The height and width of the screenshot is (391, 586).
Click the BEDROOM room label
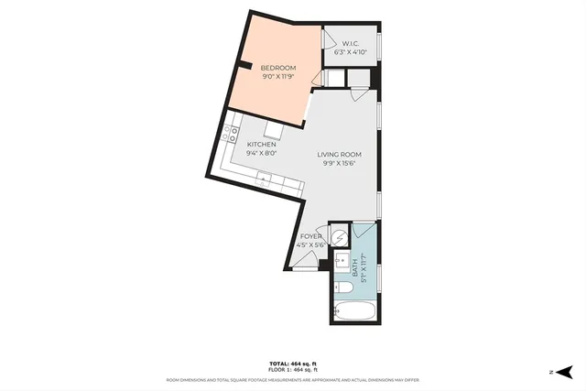[x=278, y=69]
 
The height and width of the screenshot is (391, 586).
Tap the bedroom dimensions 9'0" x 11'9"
[x=278, y=77]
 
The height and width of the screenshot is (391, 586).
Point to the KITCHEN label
[x=262, y=145]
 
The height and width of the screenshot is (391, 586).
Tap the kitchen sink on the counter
[x=266, y=176]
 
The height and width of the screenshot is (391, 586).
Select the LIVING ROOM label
[x=339, y=155]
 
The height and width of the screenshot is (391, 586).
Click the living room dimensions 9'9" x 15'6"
[x=339, y=164]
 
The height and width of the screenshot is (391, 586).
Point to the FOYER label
[x=310, y=236]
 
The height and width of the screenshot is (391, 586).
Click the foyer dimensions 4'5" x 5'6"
[x=310, y=244]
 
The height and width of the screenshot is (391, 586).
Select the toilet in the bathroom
[x=345, y=288]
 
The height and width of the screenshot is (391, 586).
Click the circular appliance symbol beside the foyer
[x=339, y=234]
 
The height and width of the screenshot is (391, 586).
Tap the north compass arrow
[x=566, y=372]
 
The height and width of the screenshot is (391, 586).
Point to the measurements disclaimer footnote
[x=293, y=379]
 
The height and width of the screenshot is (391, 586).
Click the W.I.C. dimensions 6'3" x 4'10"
[x=354, y=53]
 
